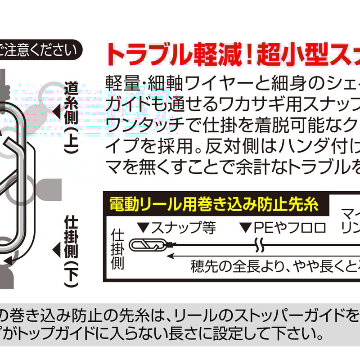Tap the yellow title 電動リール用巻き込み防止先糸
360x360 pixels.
(x=214, y=205)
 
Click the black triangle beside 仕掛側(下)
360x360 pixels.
(x=56, y=248)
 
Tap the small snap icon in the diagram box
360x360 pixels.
(x=147, y=245)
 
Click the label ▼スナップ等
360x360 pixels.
(x=175, y=228)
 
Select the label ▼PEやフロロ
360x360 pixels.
(x=283, y=228)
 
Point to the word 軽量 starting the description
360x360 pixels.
(x=120, y=83)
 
